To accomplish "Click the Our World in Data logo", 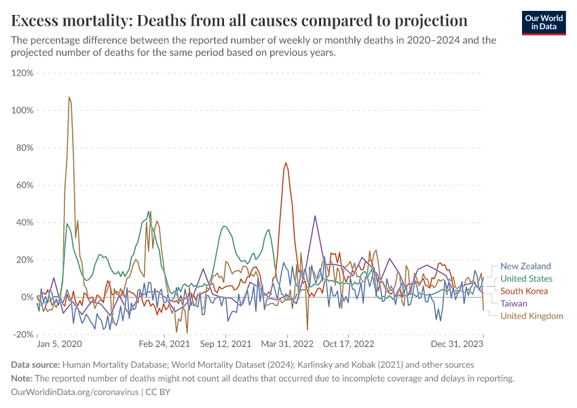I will (543, 22).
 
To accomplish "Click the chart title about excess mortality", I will (240, 19).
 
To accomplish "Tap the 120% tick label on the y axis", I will (23, 73).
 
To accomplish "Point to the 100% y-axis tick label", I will (23, 110).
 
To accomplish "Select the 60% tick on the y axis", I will (24, 185).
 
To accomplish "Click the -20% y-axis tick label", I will (23, 335).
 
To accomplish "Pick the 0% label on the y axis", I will (27, 297).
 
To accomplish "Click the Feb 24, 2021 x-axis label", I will (164, 345).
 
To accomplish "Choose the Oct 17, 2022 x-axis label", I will (348, 345).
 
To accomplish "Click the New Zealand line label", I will (525, 267).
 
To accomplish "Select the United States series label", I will (526, 279).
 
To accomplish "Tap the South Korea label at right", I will (523, 291).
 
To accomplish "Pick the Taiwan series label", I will (514, 303).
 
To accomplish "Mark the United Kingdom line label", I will (532, 316).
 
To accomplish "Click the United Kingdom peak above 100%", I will (69, 97).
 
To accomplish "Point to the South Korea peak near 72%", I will (286, 163).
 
